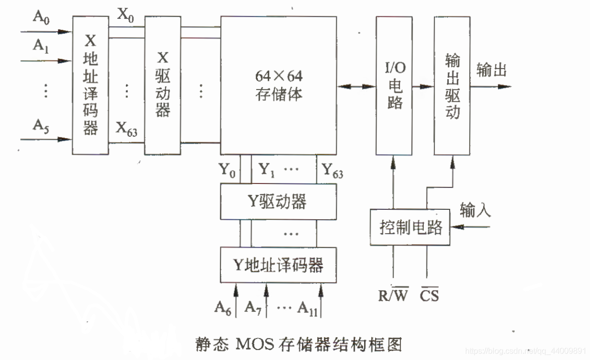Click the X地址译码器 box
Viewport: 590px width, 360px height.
click(x=90, y=85)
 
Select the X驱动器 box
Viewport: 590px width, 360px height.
click(x=163, y=85)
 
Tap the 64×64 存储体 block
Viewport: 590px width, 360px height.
click(x=279, y=85)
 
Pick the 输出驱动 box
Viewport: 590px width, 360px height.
click(x=452, y=85)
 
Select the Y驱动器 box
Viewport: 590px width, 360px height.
click(x=278, y=201)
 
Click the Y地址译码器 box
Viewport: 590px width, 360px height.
click(x=278, y=265)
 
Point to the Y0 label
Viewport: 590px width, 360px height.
click(x=228, y=170)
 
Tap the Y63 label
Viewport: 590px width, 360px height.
click(x=332, y=170)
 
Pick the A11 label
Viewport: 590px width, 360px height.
click(x=307, y=308)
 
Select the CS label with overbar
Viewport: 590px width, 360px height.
click(x=429, y=296)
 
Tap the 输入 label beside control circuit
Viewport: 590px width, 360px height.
click(x=476, y=210)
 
